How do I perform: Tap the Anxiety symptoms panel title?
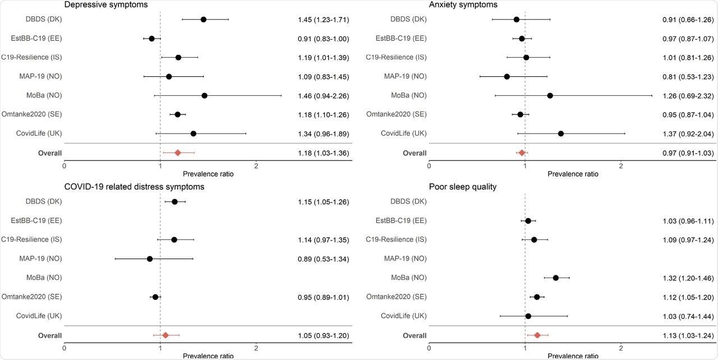[x=463, y=4]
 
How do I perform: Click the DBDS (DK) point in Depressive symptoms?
[x=203, y=20]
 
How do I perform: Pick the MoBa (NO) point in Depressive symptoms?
[x=204, y=96]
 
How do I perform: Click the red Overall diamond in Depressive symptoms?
[x=178, y=153]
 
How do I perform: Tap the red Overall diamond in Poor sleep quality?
[x=537, y=335]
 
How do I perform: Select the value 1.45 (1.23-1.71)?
[x=324, y=20]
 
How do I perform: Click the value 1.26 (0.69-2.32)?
[x=688, y=96]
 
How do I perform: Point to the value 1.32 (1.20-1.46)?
[x=688, y=278]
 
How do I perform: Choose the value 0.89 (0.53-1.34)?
[x=324, y=259]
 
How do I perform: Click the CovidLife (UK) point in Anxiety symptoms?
[x=561, y=133]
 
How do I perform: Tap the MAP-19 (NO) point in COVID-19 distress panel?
[x=150, y=259]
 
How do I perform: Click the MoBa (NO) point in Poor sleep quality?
[x=556, y=278]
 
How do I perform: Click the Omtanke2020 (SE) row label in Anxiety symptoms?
[x=397, y=114]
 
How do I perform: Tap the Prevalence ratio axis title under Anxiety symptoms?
[x=573, y=174]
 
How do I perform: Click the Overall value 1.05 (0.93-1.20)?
[x=324, y=335]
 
